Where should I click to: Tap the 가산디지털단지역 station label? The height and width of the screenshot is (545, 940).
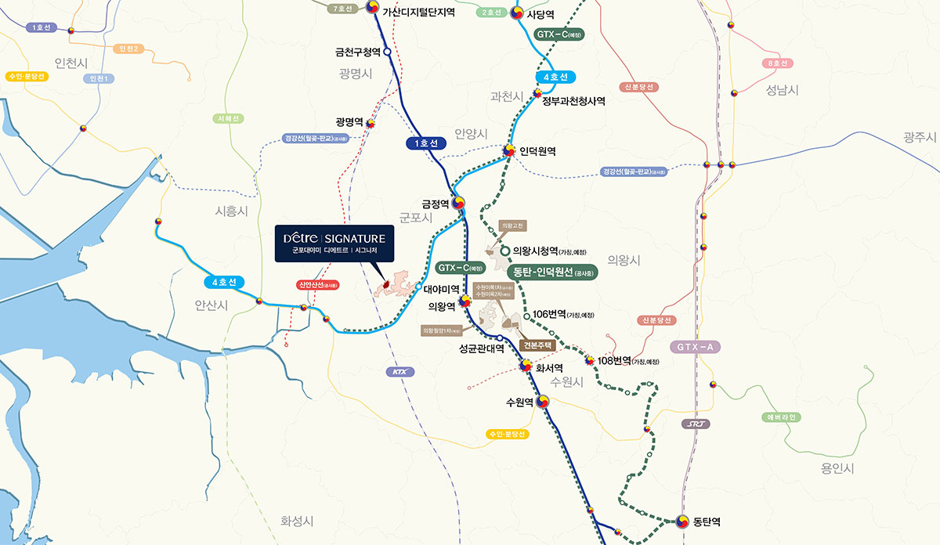pyautogui.click(x=418, y=12)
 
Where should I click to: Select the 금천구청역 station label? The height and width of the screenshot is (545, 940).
pyautogui.click(x=357, y=52)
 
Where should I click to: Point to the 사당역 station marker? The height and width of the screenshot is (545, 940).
pyautogui.click(x=518, y=13)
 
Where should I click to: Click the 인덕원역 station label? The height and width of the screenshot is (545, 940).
pyautogui.click(x=537, y=151)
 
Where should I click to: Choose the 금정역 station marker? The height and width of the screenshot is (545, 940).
pyautogui.click(x=459, y=202)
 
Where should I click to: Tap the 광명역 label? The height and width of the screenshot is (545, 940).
pyautogui.click(x=349, y=122)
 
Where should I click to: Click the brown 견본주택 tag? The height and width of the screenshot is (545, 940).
pyautogui.click(x=537, y=345)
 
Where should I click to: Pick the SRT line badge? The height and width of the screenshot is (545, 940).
pyautogui.click(x=695, y=424)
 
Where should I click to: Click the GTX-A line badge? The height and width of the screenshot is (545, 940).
pyautogui.click(x=695, y=346)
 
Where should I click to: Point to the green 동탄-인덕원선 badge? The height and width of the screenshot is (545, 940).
pyautogui.click(x=552, y=272)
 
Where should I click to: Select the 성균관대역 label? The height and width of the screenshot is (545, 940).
pyautogui.click(x=481, y=349)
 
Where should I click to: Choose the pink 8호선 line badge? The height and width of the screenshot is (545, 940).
pyautogui.click(x=778, y=63)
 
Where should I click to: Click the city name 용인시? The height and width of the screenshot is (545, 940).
pyautogui.click(x=837, y=468)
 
